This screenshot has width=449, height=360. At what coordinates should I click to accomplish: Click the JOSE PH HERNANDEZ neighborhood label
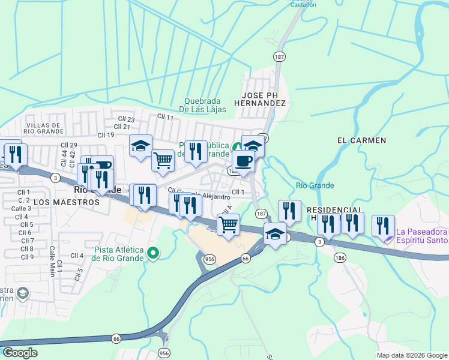[263, 99]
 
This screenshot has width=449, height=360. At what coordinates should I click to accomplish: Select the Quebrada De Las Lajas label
[205, 105]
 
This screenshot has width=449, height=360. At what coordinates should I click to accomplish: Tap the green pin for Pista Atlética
[153, 253]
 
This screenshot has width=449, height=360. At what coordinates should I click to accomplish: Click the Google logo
[19, 352]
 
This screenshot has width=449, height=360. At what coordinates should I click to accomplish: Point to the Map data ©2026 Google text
[412, 355]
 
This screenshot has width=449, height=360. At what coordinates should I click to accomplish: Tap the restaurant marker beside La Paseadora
[382, 226]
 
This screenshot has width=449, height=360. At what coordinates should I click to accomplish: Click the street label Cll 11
[165, 117]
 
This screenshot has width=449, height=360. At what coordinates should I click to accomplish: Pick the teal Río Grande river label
[315, 185]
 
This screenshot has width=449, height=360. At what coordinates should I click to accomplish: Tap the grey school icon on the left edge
[23, 293]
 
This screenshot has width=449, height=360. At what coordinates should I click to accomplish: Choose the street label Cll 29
[70, 145]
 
